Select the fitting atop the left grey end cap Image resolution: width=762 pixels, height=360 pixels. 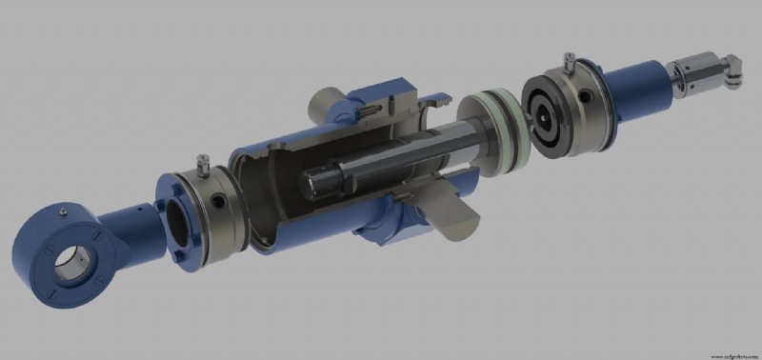coord(200,163)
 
